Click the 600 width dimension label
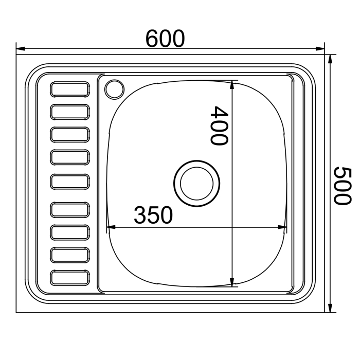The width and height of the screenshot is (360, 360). point(165,39)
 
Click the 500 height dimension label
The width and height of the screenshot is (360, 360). point(342,186)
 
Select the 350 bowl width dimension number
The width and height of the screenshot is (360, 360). point(153,215)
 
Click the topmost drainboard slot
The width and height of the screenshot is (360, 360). point(70,89)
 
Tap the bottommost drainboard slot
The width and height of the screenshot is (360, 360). point(70,278)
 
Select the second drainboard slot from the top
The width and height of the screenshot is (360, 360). point(70,112)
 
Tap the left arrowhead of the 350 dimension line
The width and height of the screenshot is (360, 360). point(110,227)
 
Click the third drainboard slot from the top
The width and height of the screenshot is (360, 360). point(70,135)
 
